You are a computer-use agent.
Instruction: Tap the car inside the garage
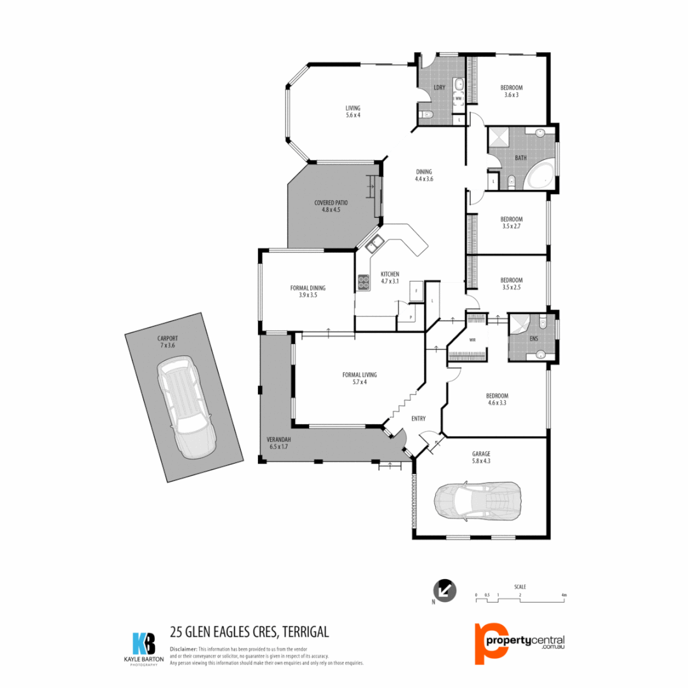click(x=478, y=499)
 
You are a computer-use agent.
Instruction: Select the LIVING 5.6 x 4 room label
click(x=353, y=111)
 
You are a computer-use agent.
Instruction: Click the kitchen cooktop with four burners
click(x=364, y=282)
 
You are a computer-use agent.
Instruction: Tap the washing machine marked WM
click(x=458, y=99)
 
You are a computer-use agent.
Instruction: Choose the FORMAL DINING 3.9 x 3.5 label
click(x=308, y=291)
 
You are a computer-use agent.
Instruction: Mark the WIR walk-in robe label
click(x=472, y=340)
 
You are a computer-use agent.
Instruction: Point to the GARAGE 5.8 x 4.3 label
click(x=481, y=457)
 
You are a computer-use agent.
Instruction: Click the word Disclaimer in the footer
click(x=183, y=649)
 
